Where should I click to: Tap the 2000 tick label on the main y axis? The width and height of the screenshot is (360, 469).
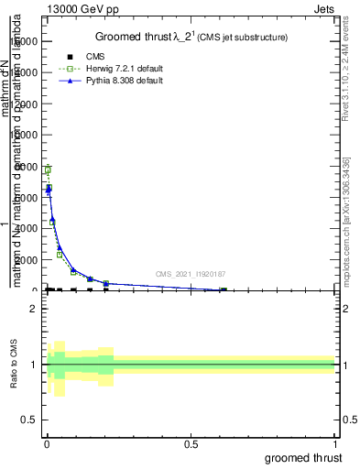coord(26,260)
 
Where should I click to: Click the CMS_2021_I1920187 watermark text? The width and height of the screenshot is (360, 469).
coord(190,274)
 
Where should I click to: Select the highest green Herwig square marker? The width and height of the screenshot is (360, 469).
coord(47,170)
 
